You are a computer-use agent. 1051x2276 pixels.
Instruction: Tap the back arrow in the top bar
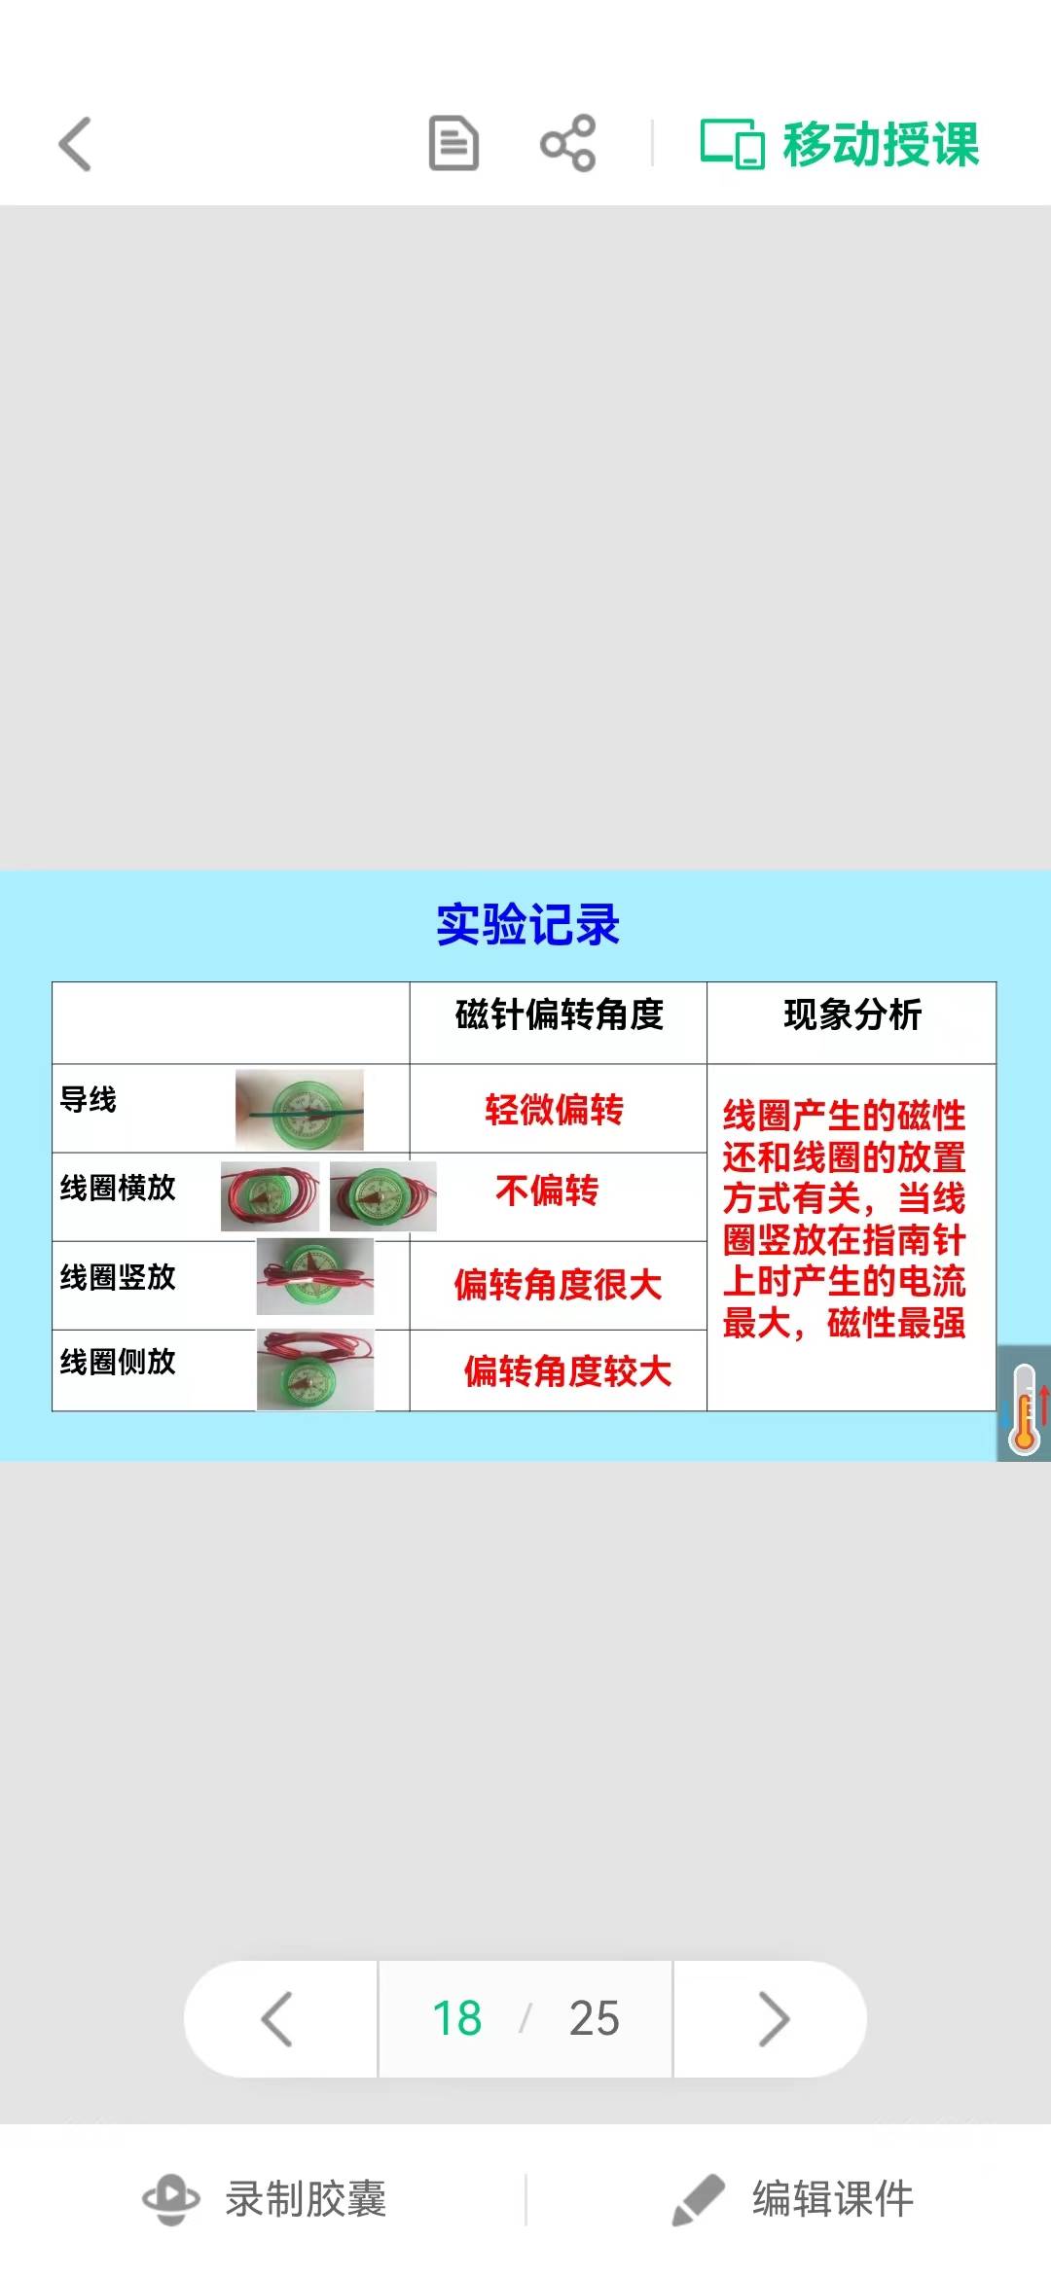coord(75,144)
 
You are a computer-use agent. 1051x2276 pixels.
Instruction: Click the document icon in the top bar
coord(453,143)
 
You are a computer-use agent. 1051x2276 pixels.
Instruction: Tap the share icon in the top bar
coord(568,143)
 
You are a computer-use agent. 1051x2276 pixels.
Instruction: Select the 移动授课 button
coord(840,144)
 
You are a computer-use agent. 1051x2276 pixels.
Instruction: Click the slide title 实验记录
coord(527,924)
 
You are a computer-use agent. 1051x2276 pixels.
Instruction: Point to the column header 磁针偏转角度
coord(560,1014)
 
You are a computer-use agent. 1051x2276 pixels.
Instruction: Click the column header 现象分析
coord(852,1014)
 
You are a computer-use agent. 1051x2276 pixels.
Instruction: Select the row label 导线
coord(89,1099)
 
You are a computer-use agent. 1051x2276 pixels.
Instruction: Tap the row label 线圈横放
coord(118,1187)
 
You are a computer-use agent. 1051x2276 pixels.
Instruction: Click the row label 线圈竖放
coord(118,1276)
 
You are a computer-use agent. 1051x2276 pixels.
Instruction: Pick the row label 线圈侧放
coord(118,1362)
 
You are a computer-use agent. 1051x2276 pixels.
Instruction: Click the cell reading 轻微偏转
coord(555,1110)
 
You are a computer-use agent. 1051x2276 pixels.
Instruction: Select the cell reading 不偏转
coord(547,1190)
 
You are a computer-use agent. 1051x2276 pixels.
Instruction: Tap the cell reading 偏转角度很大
coord(558,1285)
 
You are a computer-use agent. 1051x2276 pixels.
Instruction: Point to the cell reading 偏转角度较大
coord(567,1371)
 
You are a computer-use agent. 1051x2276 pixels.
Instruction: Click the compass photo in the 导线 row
coord(300,1110)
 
